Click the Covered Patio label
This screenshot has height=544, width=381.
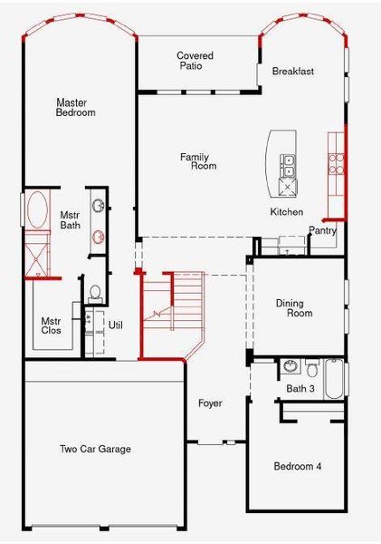(x=195, y=61)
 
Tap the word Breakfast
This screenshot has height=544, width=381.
(x=293, y=71)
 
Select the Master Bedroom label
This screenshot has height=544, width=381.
(x=76, y=108)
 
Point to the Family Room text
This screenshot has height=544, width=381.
(x=198, y=161)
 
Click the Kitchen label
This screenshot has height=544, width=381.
(x=287, y=211)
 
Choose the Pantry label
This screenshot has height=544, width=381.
(x=323, y=230)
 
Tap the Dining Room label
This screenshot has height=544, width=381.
(x=294, y=308)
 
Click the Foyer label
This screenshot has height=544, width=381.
(x=210, y=403)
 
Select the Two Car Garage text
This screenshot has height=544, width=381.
(x=95, y=449)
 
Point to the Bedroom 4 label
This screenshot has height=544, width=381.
(x=297, y=466)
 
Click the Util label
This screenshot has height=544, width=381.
(x=115, y=325)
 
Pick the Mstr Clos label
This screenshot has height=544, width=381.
(x=51, y=325)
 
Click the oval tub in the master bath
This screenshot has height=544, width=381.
(x=37, y=211)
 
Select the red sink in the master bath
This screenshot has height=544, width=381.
(x=97, y=238)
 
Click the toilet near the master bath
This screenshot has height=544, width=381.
(x=95, y=293)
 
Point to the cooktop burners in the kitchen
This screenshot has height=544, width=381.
(x=336, y=162)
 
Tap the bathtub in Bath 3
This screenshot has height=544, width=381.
(x=334, y=379)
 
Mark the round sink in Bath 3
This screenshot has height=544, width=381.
(x=289, y=367)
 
